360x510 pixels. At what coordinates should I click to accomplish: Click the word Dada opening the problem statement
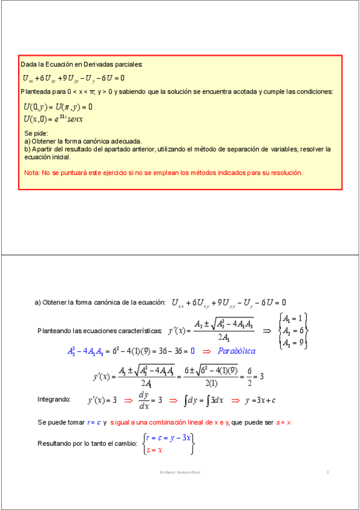point(28,64)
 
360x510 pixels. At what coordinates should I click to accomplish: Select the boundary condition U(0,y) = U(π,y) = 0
point(57,107)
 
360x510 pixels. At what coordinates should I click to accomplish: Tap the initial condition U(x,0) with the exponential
point(53,119)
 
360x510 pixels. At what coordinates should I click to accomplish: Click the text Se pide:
point(36,133)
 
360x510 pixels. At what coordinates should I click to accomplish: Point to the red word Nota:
point(32,173)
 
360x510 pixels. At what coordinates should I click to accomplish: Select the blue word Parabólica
point(236,351)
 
